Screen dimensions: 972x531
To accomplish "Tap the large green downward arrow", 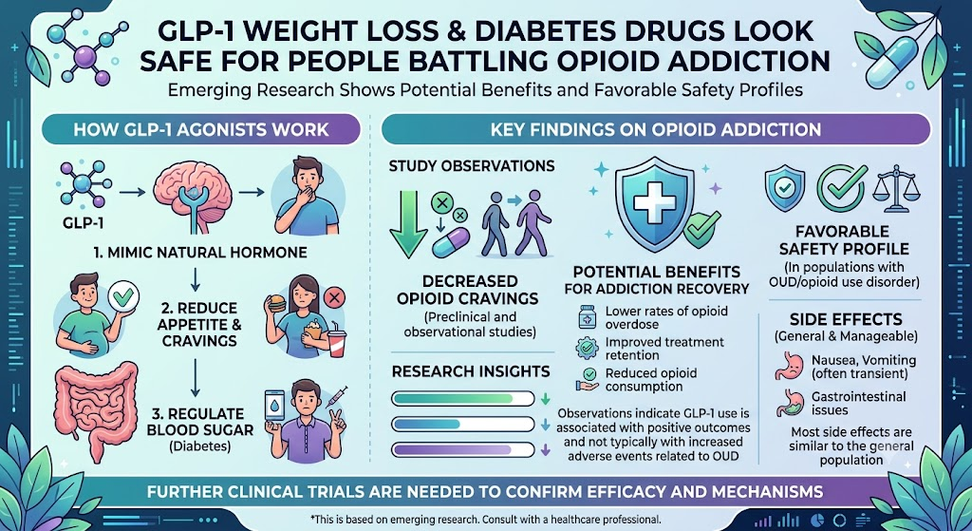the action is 408,223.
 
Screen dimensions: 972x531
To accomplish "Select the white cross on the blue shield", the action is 653,200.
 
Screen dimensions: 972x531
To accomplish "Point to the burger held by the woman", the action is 276,303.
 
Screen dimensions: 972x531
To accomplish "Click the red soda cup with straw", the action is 337,341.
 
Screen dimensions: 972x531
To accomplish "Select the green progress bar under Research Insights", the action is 463,398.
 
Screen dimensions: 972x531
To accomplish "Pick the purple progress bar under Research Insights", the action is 463,449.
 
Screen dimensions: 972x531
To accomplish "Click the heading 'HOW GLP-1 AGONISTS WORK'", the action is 201,129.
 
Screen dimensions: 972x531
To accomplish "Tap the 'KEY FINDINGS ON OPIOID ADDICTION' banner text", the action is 655,129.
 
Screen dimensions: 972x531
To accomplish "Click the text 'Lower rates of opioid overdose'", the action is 666,317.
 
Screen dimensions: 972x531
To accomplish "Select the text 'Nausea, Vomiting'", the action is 864,360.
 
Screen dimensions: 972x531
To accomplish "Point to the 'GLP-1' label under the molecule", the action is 84,222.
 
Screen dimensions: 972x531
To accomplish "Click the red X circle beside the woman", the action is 335,297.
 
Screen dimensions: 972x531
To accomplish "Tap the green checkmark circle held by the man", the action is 123,297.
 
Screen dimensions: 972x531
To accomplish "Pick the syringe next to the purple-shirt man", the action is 336,396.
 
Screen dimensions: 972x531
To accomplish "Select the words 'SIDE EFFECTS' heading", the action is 846,319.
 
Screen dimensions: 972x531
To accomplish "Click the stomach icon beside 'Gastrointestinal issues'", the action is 789,403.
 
